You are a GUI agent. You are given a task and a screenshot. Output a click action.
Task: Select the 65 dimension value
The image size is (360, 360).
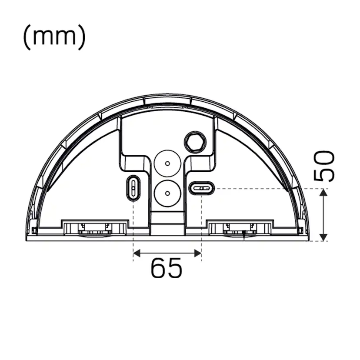[x=166, y=268]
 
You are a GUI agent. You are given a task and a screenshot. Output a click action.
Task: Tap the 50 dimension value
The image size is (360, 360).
[x=325, y=166]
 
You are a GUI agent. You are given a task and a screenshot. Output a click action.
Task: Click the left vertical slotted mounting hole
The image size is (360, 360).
[x=133, y=188]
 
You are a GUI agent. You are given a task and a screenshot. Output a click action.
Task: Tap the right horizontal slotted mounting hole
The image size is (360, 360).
[x=201, y=188]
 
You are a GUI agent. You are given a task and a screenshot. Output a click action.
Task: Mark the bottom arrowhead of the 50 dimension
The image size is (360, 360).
[x=323, y=237]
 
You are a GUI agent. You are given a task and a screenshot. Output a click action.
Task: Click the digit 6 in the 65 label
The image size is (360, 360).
[x=158, y=268]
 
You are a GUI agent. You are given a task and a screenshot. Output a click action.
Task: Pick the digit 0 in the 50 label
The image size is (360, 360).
[x=325, y=159]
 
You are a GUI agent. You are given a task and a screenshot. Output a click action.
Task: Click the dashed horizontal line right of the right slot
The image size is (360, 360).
[x=261, y=188]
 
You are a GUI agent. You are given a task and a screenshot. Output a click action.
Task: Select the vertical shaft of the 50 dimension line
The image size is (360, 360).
[x=323, y=215]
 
